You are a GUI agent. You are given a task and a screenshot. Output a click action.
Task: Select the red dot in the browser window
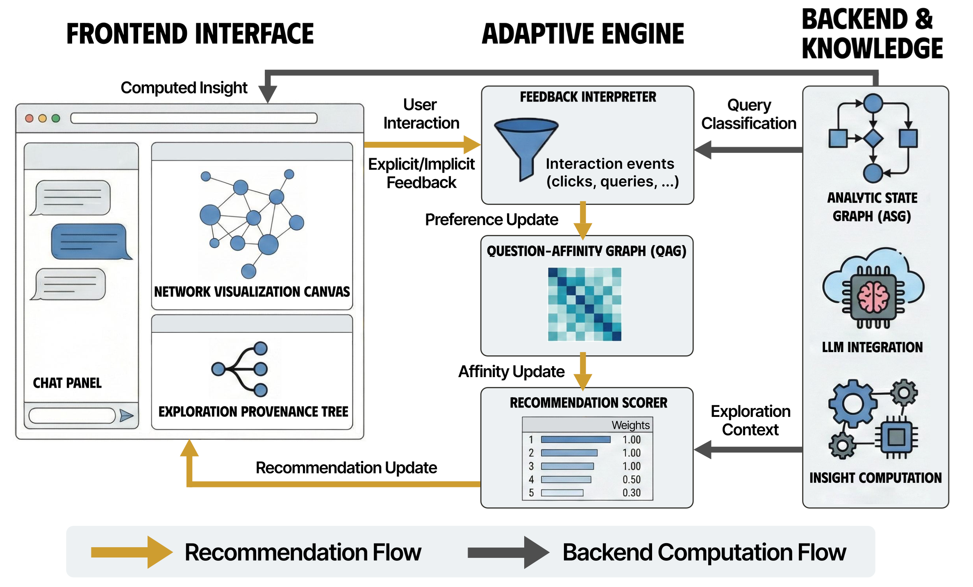pos(29,118)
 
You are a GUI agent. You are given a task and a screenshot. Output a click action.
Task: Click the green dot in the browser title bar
pos(56,118)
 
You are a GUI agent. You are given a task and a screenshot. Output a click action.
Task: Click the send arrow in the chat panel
pos(126,416)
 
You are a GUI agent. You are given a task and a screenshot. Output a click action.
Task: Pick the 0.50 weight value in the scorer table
pos(631,480)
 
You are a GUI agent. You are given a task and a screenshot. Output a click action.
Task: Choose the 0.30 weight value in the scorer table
pos(631,493)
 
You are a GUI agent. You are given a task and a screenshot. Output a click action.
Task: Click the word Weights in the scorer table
pos(630,425)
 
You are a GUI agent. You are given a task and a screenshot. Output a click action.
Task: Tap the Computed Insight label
pos(184,88)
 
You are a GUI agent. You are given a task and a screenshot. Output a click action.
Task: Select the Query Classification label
pos(749,114)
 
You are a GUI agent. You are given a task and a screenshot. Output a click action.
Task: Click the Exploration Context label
pos(750,421)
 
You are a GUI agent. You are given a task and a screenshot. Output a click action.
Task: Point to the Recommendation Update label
pos(346,468)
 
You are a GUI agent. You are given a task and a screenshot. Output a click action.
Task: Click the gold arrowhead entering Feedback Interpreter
pos(472,144)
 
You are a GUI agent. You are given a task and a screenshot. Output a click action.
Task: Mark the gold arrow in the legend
pos(131,552)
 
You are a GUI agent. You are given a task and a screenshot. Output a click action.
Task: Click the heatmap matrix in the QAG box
pos(584,304)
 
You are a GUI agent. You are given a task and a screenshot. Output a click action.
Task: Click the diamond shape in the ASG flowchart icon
pos(873,139)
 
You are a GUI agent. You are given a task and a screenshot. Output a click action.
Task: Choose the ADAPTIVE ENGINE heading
pos(583,34)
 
